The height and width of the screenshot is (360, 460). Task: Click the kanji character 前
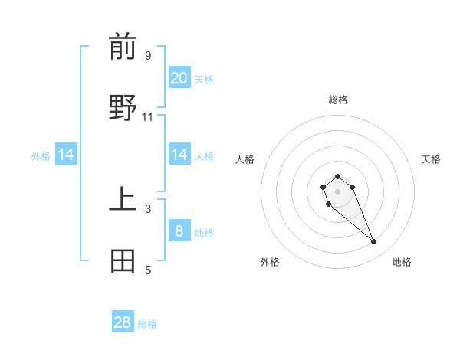click(x=123, y=47)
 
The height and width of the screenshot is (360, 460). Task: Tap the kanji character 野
click(x=123, y=107)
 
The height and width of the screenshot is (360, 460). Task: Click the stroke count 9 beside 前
click(x=148, y=55)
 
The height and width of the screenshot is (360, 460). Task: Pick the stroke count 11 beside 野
click(x=148, y=116)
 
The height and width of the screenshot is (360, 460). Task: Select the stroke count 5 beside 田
click(x=148, y=270)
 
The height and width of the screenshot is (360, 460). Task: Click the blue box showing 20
click(x=179, y=77)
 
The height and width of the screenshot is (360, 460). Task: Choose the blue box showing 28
click(x=123, y=322)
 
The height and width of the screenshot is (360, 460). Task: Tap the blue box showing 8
click(x=179, y=231)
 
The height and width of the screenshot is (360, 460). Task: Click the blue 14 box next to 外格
click(x=66, y=155)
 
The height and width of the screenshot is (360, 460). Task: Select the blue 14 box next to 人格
click(x=179, y=155)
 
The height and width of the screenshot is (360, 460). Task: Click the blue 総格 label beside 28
click(x=147, y=324)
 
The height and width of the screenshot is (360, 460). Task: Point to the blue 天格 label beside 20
click(x=204, y=79)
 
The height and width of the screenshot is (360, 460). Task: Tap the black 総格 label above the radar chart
click(x=338, y=100)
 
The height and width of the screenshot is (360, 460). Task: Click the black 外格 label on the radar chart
click(x=270, y=262)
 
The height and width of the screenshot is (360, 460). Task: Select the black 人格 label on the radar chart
click(x=245, y=159)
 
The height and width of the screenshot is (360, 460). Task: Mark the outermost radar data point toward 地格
click(x=374, y=242)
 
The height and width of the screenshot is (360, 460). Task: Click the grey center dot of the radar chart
click(x=337, y=191)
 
